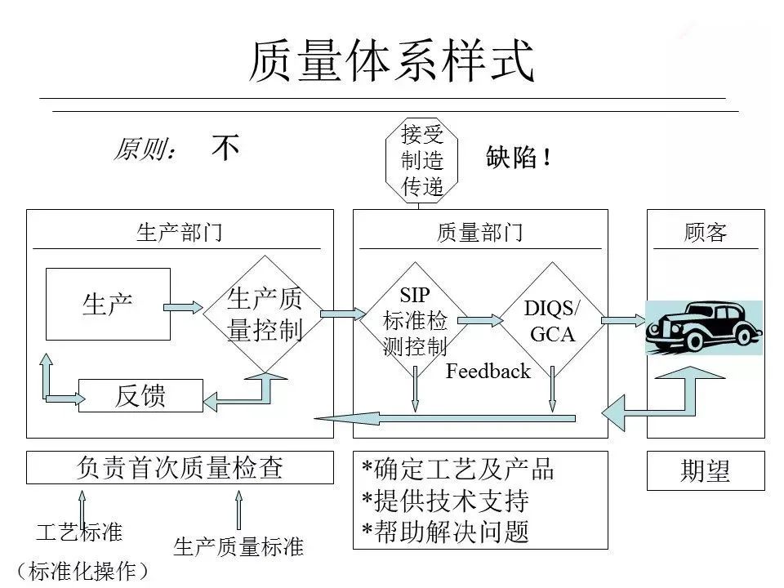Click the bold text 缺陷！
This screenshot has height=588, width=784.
[x=519, y=158]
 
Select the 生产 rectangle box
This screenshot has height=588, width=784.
[x=108, y=304]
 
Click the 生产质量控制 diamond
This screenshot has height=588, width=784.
[x=264, y=314]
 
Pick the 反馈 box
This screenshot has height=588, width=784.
[x=140, y=396]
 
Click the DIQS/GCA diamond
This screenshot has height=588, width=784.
[x=552, y=321]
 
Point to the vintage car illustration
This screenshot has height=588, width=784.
[x=703, y=327]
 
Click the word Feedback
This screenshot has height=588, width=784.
[x=488, y=372]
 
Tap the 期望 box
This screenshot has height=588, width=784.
[x=705, y=471]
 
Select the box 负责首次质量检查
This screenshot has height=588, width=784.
[x=180, y=467]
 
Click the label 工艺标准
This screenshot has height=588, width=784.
[x=79, y=532]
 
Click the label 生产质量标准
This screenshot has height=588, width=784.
[x=238, y=546]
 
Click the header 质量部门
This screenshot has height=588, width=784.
[x=479, y=234]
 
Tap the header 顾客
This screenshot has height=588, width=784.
[x=705, y=234]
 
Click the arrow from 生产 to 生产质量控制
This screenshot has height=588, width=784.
[x=183, y=307]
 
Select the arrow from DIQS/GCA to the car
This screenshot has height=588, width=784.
[x=623, y=321]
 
